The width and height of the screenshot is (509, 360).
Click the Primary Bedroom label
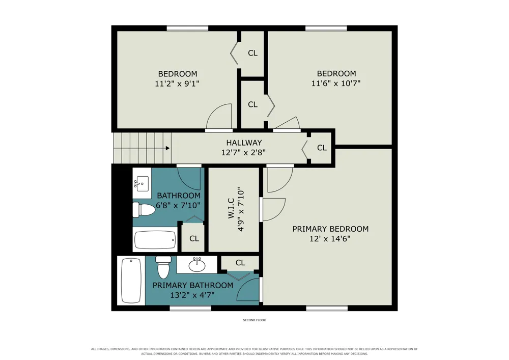click(x=330, y=229)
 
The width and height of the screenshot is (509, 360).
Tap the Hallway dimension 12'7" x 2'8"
click(x=243, y=152)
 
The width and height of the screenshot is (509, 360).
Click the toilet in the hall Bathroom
click(x=144, y=209)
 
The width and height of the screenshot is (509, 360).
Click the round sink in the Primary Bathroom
click(x=197, y=265)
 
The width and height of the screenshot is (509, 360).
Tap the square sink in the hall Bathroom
click(x=142, y=184)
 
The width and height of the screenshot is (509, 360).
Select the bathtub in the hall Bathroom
click(x=155, y=239)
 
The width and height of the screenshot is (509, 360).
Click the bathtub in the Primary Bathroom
click(x=131, y=281)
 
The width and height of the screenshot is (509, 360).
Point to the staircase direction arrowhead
click(x=167, y=148)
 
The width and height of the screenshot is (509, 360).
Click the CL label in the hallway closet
click(x=322, y=148)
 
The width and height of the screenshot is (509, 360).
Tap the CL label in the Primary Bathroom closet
click(x=240, y=263)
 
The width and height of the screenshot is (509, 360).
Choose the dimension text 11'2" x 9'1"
click(x=177, y=84)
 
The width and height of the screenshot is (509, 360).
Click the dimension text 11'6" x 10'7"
click(x=336, y=84)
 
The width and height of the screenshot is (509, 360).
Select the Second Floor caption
click(x=254, y=320)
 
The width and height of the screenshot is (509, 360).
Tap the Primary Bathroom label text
click(x=193, y=285)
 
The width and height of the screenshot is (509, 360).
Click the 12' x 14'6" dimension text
click(x=330, y=239)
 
